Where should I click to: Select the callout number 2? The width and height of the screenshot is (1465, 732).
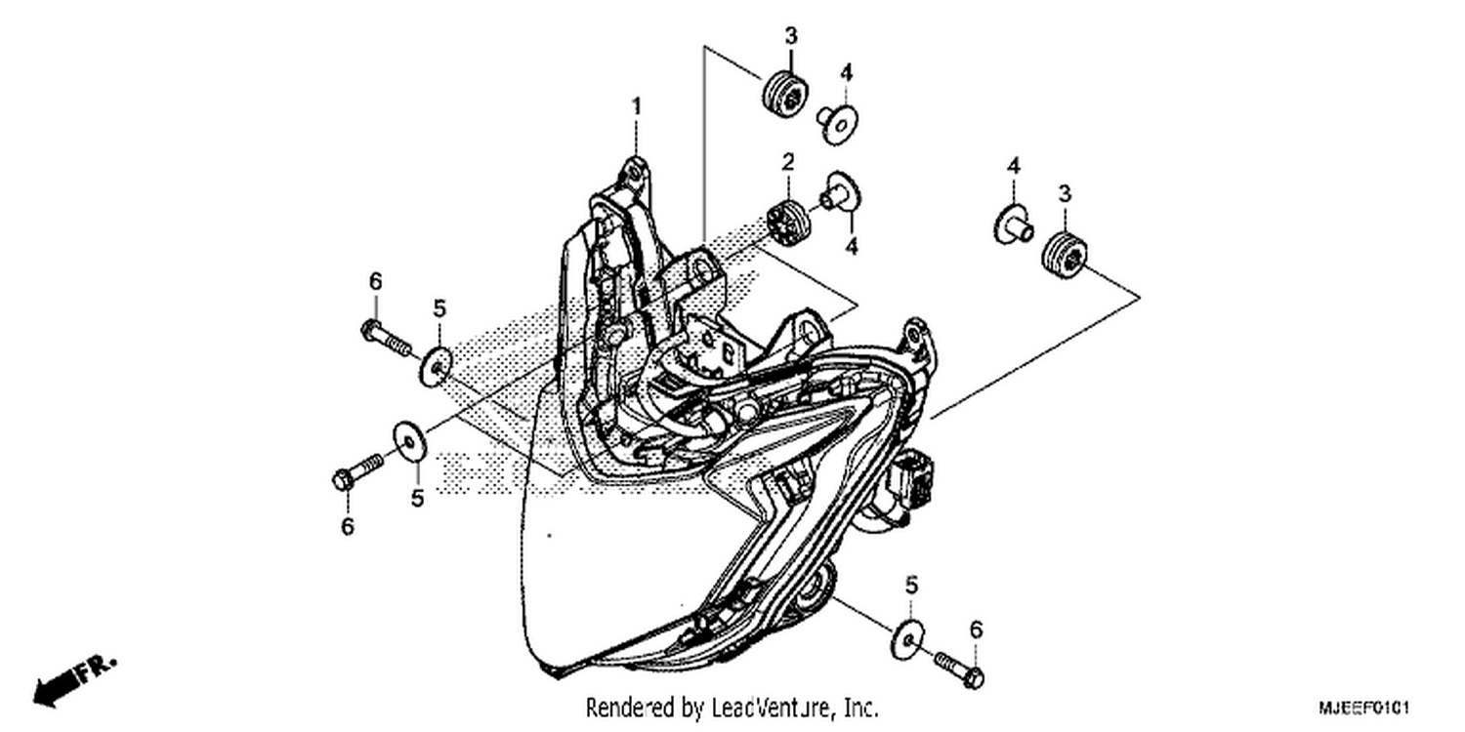[788, 161]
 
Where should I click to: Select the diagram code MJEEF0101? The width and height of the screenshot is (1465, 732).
[1363, 708]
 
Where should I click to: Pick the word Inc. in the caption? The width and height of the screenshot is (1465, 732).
[862, 708]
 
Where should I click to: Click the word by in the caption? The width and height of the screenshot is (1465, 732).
[693, 709]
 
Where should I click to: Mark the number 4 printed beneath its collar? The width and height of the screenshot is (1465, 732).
[851, 246]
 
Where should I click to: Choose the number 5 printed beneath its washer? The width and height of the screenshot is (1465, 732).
[417, 499]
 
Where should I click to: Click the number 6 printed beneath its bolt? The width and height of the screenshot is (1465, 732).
[348, 525]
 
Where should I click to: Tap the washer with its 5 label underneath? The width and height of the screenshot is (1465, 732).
[409, 442]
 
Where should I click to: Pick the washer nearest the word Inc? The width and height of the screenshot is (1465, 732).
[907, 639]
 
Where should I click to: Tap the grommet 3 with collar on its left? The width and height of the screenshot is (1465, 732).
[1065, 254]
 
